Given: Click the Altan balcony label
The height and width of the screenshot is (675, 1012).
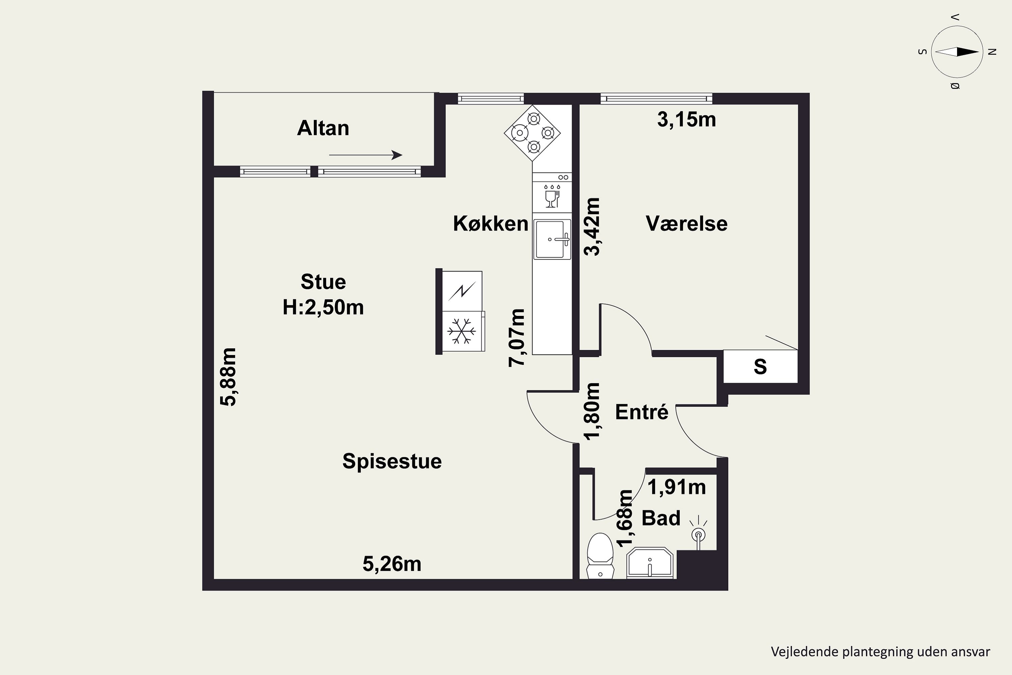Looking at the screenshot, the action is pos(323,128).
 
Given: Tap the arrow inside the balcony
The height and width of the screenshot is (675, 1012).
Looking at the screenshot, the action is pos(366,155).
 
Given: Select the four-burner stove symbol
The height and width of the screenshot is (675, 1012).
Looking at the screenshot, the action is pos(532,133).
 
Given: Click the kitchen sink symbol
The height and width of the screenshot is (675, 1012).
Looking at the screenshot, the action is pos(553,239).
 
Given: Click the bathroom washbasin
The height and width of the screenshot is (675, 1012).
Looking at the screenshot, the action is pos(650,563).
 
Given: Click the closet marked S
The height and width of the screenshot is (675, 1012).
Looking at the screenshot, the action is pos(760,366).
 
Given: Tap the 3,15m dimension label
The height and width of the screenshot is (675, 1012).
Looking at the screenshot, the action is pos(687,120).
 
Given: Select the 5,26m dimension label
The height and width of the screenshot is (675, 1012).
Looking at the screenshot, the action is pos(392,564).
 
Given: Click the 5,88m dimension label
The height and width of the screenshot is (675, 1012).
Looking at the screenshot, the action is pos(228,377).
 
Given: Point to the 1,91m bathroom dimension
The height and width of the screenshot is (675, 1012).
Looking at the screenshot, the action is pos(677,487).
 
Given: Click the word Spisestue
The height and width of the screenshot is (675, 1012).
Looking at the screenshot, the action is pos(392,461).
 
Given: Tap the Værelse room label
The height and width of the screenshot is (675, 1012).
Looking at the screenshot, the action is pos(687,224).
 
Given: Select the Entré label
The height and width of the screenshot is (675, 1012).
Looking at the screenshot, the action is pos(642,412).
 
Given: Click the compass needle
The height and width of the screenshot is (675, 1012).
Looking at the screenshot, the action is pos(957,52).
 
